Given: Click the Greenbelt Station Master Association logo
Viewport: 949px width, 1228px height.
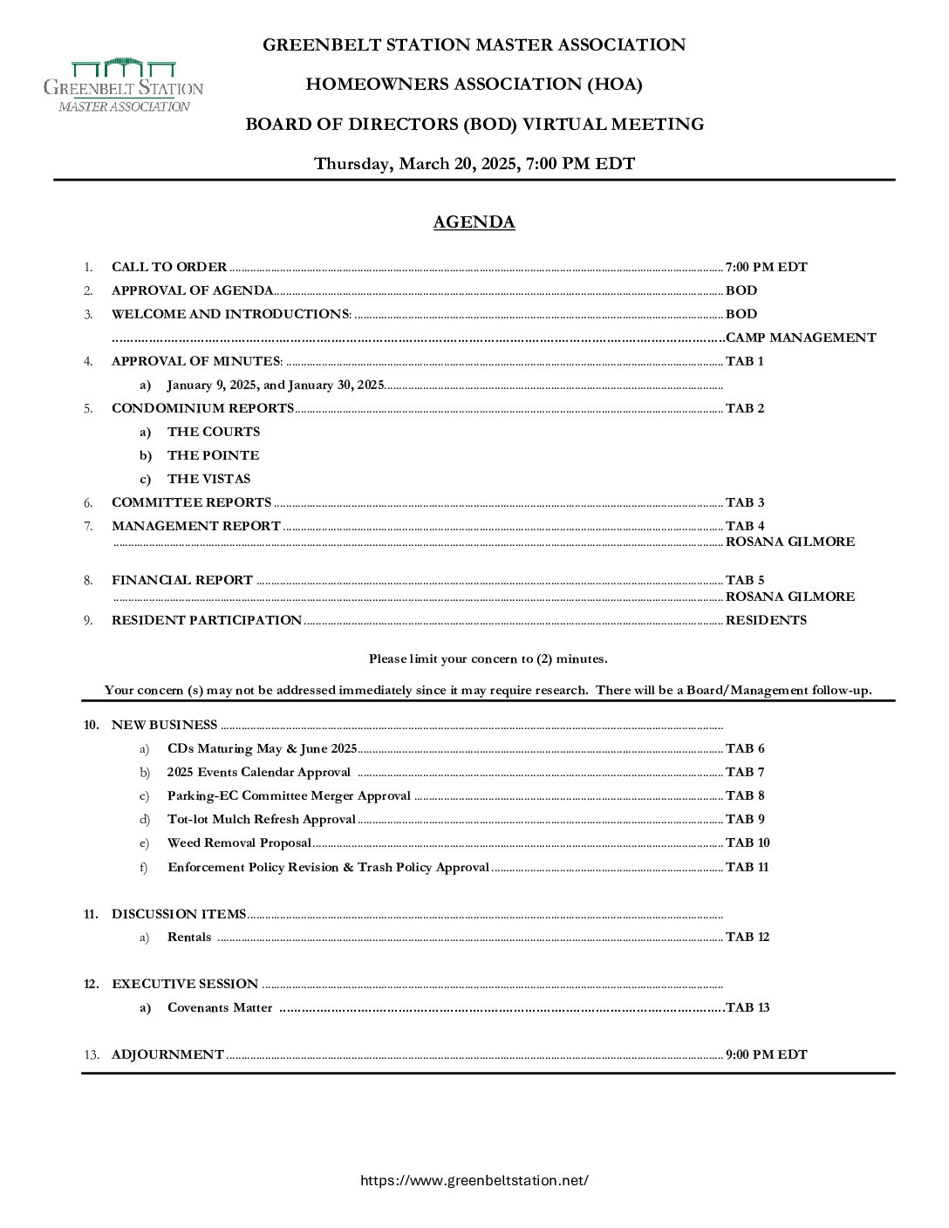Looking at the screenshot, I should click(123, 85).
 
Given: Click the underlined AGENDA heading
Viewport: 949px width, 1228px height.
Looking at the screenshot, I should click(474, 222).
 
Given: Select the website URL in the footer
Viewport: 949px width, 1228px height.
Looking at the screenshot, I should click(474, 1180).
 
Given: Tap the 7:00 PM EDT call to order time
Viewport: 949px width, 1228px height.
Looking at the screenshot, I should click(766, 267).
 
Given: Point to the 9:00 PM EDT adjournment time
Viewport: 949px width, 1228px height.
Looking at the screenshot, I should click(766, 1054).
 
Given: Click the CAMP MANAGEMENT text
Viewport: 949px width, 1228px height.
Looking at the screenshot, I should click(801, 338).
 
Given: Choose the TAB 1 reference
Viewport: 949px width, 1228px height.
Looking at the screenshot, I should click(744, 361).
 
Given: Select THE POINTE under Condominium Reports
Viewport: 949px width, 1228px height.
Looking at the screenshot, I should click(213, 455).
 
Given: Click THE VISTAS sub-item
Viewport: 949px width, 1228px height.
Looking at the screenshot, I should click(208, 479).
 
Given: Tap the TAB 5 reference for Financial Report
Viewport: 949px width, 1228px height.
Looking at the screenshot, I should click(745, 580).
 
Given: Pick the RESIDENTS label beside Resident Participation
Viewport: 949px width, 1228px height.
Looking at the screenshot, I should click(766, 620).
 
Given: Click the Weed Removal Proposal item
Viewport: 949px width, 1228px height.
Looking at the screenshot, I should click(239, 843).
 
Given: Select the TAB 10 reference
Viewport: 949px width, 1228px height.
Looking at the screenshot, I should click(748, 843).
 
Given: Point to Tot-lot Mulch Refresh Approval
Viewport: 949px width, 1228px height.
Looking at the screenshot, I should click(261, 819).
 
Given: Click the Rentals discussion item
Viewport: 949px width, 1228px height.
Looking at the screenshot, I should click(189, 937).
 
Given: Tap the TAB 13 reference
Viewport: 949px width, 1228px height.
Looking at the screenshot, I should click(748, 1007).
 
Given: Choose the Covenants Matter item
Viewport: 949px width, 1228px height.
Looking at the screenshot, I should click(220, 1007).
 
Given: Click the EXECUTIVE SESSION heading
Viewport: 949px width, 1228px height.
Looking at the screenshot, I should click(185, 984).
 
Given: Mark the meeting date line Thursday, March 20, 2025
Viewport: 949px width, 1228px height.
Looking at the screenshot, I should click(474, 164).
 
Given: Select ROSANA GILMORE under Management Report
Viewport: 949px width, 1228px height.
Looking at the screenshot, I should click(789, 542).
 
